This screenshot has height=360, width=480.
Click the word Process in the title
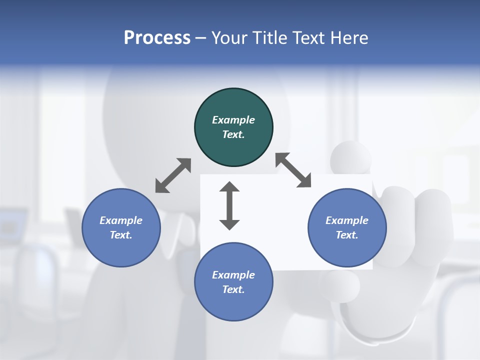(157, 38)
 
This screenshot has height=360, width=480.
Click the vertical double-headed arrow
(229, 205)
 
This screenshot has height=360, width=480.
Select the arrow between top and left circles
(173, 175)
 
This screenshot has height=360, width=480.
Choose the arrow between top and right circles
(293, 170)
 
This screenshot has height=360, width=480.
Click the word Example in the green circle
(233, 120)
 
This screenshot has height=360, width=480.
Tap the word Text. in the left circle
(121, 235)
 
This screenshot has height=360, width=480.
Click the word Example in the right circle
(347, 220)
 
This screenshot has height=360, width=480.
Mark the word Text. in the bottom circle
(233, 289)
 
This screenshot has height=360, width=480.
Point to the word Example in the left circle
(121, 220)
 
